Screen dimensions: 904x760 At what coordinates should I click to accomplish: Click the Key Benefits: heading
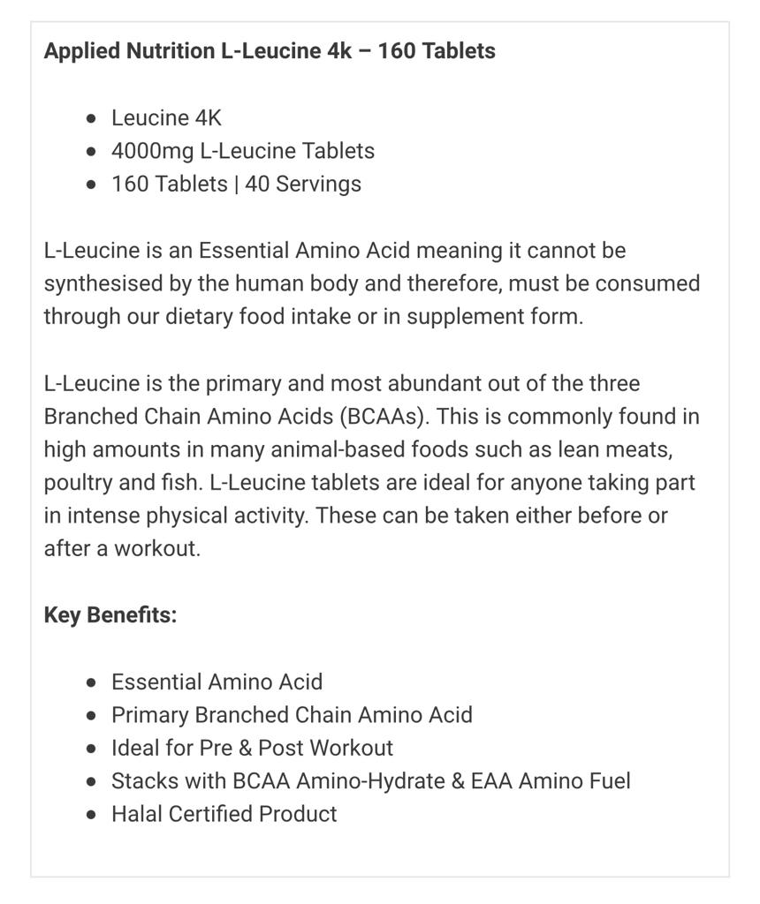110,615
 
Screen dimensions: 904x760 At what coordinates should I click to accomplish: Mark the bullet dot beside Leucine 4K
92,119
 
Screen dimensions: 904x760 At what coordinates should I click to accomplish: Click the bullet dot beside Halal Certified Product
92,815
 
